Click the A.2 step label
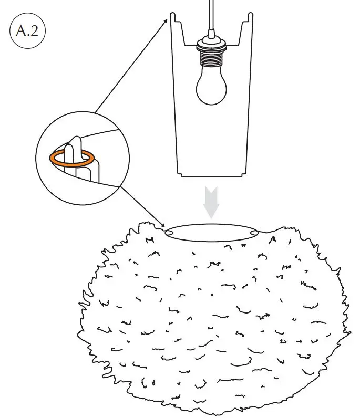(27, 30)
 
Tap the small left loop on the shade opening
(170, 232)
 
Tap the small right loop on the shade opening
(255, 232)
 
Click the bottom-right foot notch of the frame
(245, 175)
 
